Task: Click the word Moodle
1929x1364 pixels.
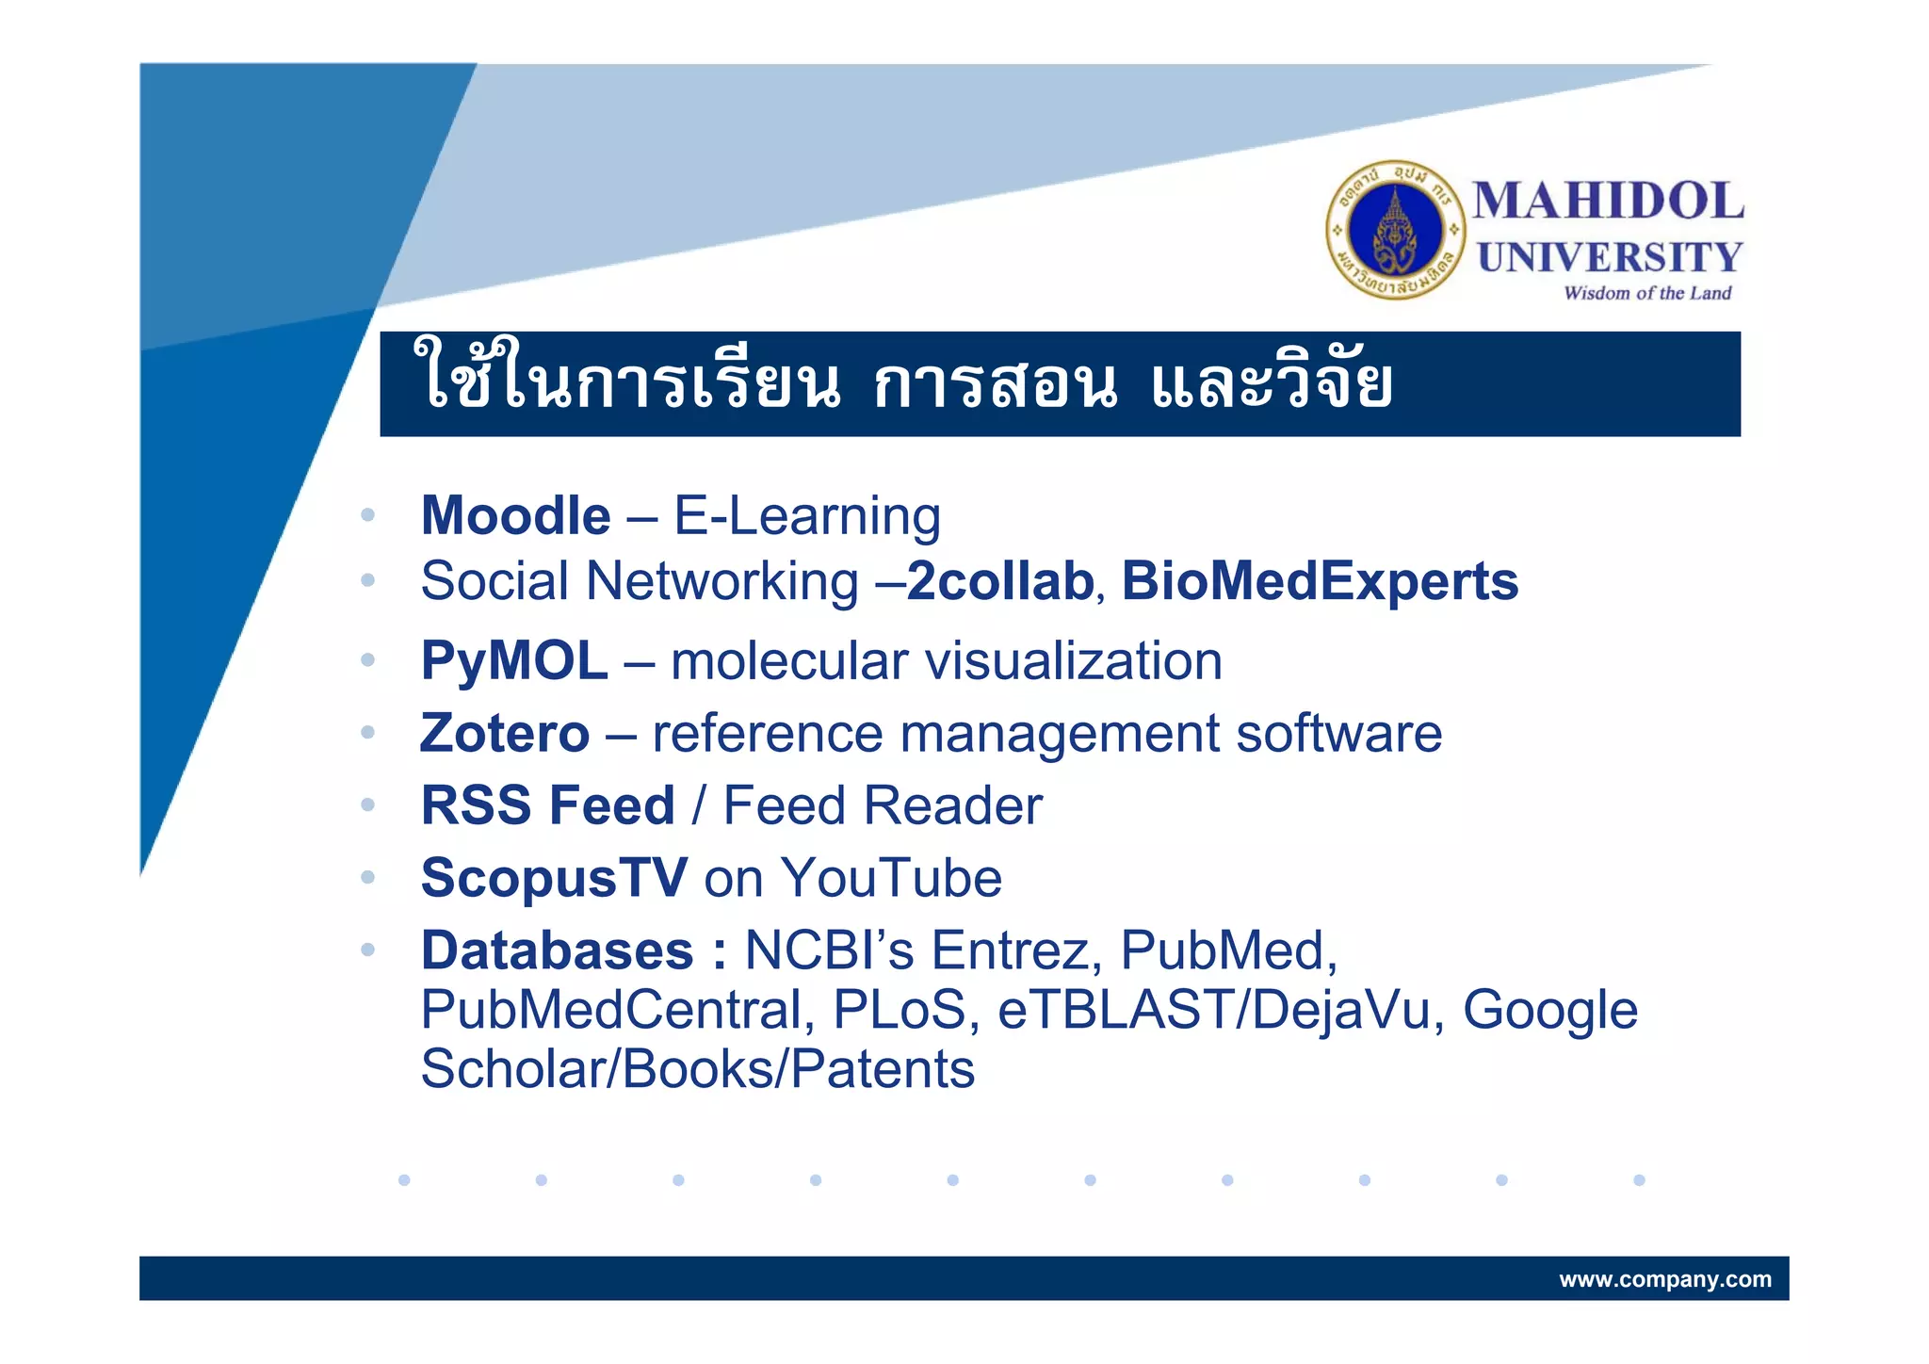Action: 515,516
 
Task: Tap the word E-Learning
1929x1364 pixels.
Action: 807,516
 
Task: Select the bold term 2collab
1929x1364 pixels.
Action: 999,581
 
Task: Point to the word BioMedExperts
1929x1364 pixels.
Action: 1320,581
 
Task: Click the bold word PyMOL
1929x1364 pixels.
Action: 514,660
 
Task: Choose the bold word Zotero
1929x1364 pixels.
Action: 505,733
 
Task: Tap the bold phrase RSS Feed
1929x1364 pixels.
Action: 547,805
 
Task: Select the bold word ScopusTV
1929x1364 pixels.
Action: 554,878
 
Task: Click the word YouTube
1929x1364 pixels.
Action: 891,878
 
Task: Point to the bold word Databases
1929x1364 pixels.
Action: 557,950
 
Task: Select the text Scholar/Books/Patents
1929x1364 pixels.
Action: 697,1069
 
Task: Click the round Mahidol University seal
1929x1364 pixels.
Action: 1396,230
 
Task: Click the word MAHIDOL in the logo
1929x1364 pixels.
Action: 1608,202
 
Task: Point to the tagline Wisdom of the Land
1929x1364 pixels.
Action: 1646,293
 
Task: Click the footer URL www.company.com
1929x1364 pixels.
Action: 1664,1279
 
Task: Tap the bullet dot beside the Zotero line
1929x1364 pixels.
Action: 367,732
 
